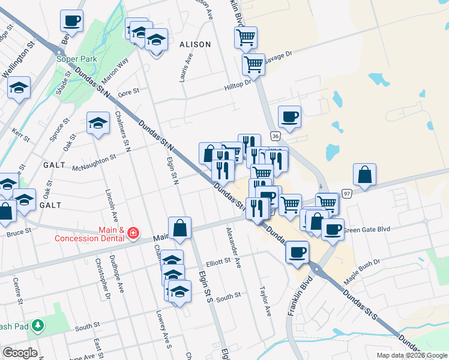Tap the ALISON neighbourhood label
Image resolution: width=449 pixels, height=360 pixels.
(195, 44)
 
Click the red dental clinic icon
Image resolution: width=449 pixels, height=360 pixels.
(133, 233)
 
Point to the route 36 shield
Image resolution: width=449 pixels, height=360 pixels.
(274, 137)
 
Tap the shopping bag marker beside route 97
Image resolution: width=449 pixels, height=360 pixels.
(364, 175)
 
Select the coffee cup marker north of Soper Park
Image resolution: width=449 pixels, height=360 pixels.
(71, 21)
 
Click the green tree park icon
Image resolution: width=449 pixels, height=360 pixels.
(38, 325)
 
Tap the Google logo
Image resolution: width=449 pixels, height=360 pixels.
(19, 353)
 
